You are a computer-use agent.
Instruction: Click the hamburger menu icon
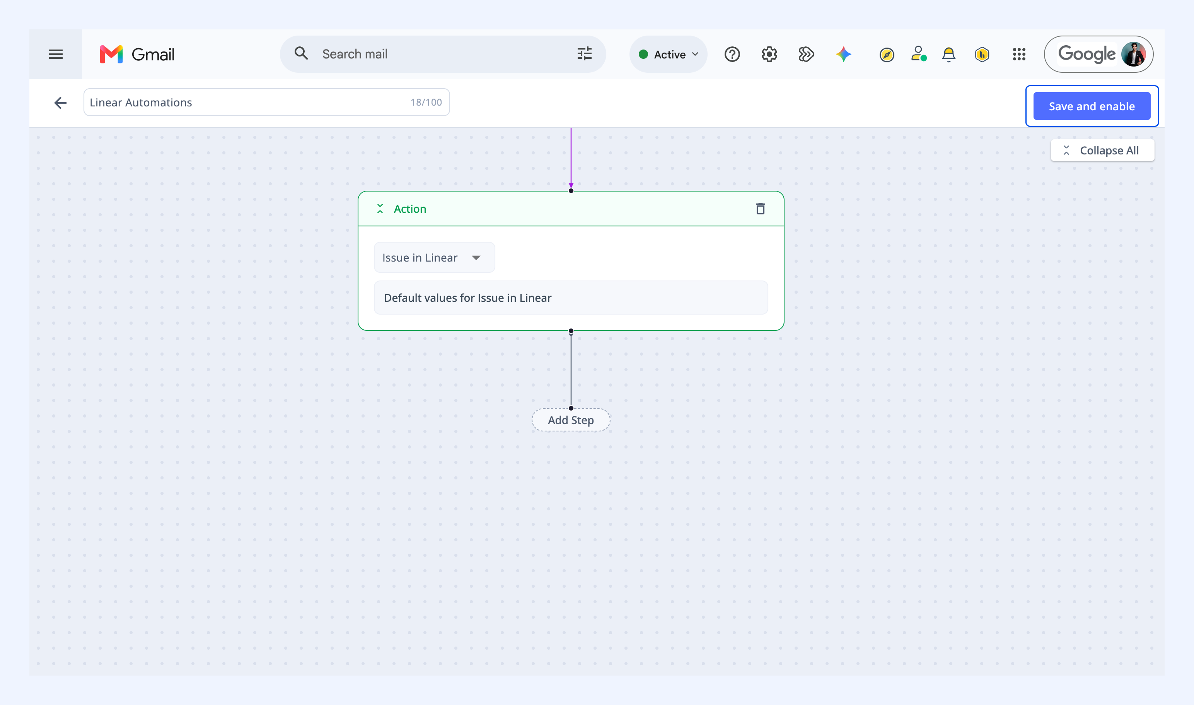56,54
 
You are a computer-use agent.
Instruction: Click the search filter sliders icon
584,54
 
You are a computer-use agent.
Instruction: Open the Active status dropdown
669,54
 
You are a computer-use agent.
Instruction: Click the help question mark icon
732,54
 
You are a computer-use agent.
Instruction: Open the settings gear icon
769,54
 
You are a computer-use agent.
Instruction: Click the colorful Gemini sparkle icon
844,54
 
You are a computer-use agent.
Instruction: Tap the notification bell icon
948,55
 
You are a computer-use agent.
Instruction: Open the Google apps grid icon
1019,54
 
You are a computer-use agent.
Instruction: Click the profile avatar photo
1134,54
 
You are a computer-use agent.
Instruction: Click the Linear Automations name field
266,102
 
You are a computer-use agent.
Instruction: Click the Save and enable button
1092,106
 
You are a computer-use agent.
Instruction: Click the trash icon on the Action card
760,209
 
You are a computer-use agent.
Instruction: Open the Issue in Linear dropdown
434,257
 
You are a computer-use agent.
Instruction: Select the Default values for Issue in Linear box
571,298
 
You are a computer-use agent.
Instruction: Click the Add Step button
571,420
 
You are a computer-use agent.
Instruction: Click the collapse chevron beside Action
380,209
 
